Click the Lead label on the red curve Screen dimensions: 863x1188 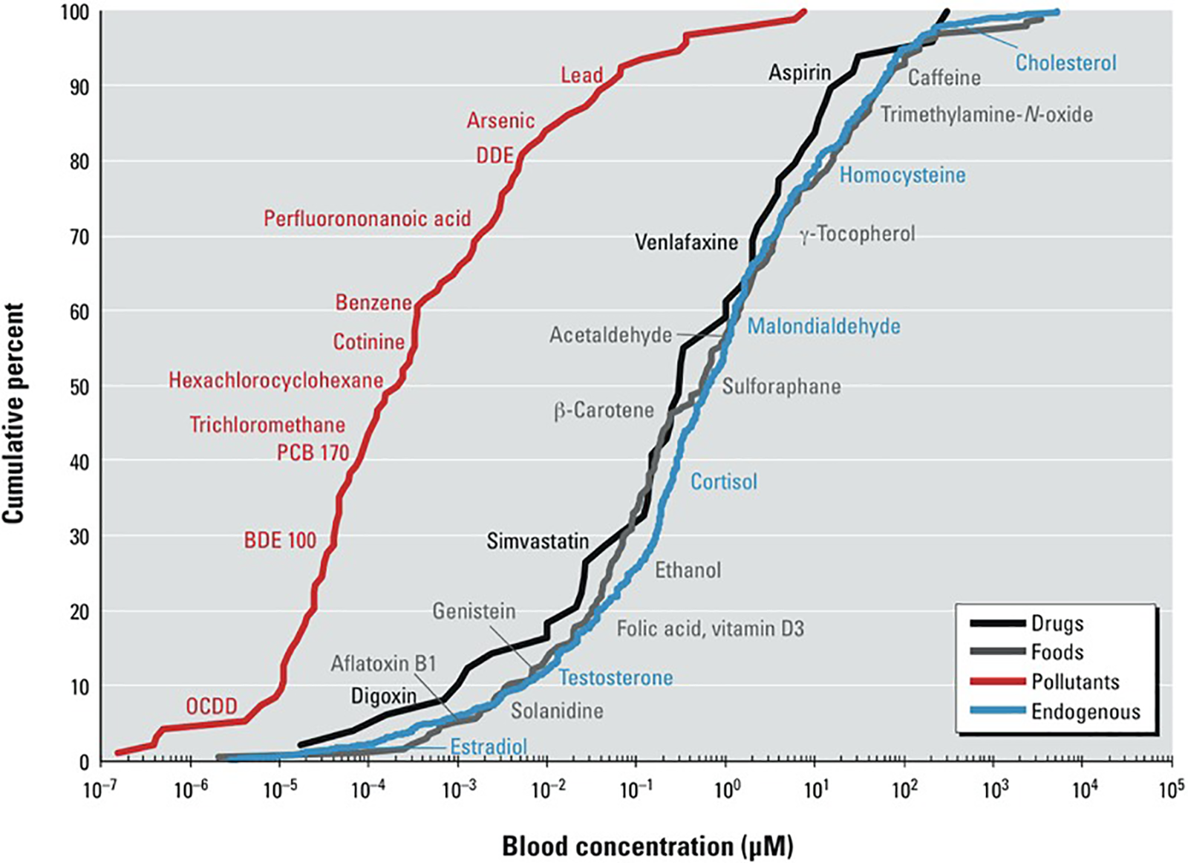click(x=581, y=75)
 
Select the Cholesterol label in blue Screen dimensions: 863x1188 click(x=1065, y=63)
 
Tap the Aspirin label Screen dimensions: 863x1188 click(x=799, y=73)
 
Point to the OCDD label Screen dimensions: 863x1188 click(x=211, y=706)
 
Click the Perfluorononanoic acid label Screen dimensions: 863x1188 click(x=367, y=218)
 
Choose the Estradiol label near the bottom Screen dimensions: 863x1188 click(x=489, y=746)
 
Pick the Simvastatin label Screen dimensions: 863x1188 click(x=538, y=541)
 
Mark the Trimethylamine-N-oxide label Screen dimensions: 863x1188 click(x=987, y=114)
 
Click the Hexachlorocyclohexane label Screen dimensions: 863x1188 click(x=275, y=380)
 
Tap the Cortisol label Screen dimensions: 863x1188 click(x=724, y=482)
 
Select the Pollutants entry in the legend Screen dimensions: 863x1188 click(x=1074, y=682)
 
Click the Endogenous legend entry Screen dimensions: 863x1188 click(x=1085, y=711)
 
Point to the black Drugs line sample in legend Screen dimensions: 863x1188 click(x=998, y=623)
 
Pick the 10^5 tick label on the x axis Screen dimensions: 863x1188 click(x=1171, y=789)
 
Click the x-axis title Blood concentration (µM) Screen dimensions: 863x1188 click(x=647, y=846)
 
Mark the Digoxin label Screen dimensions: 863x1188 click(x=383, y=697)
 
